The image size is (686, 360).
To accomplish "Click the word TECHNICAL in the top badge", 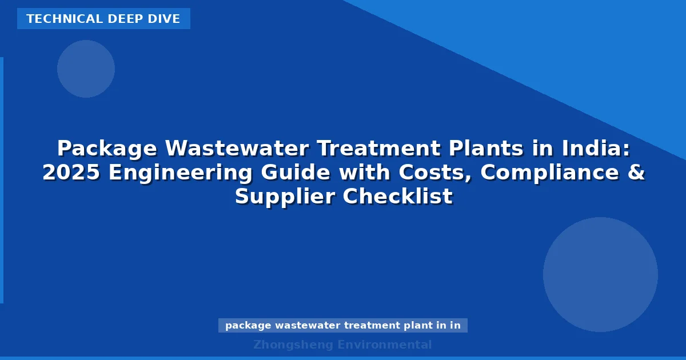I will click(x=55, y=19).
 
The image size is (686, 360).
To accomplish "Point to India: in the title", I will click(x=596, y=149).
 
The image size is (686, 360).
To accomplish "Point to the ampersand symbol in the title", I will click(x=637, y=173).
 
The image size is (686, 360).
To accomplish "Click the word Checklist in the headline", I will click(x=398, y=197).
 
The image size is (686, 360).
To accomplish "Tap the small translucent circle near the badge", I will click(x=86, y=69).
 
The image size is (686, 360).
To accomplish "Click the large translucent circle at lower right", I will click(x=600, y=274).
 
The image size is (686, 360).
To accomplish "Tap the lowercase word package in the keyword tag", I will click(x=248, y=326).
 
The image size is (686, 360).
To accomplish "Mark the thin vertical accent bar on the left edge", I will click(x=2, y=180).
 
